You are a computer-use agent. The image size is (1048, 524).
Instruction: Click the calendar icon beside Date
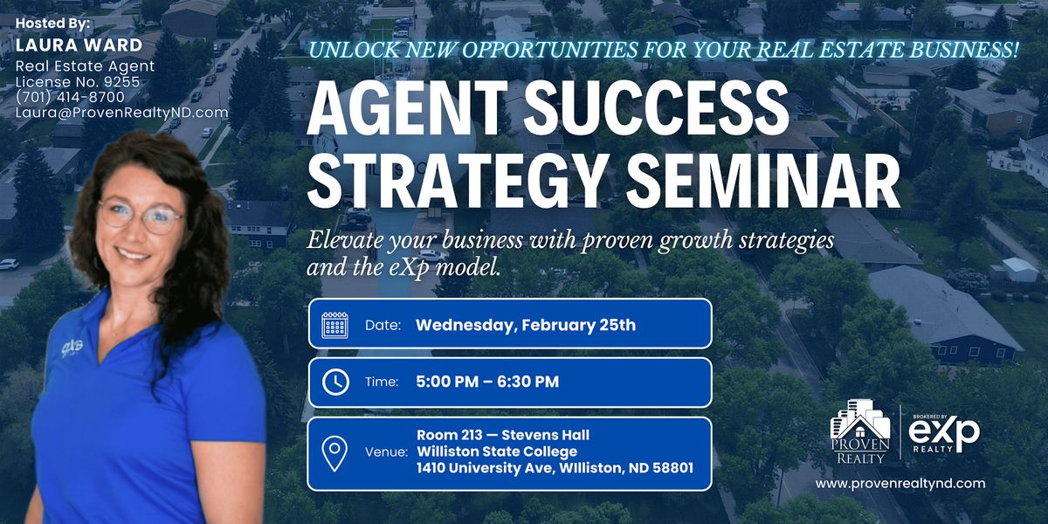pos(335,325)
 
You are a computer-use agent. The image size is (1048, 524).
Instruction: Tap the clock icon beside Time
pos(335,382)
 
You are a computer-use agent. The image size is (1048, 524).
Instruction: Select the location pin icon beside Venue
pos(334,453)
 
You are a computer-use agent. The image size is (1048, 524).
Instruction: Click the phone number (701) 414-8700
pos(70,97)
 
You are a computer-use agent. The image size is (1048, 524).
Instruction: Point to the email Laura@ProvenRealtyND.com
pos(121,113)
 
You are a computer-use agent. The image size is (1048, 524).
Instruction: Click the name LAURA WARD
pos(79,45)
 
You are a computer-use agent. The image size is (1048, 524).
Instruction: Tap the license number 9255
pos(121,82)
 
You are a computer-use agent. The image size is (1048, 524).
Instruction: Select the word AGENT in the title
pos(407,108)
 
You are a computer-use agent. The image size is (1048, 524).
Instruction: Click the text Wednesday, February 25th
pos(526,325)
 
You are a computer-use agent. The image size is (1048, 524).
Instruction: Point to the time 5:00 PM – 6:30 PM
pos(487,382)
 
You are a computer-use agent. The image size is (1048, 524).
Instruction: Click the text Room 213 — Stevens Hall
pos(503,435)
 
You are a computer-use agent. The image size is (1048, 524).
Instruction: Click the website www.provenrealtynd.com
pos(900,483)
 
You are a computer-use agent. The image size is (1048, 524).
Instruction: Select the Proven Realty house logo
pos(860,431)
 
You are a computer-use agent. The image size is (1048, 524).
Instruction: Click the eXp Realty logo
pos(944,434)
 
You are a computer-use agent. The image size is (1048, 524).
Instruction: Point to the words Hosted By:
pos(52,23)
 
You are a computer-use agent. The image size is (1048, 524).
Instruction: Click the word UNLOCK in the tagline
pos(355,50)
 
